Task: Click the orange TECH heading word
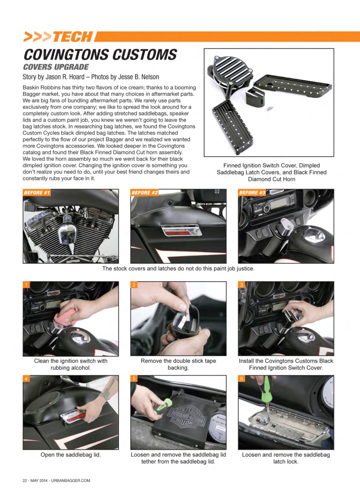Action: pyautogui.click(x=72, y=37)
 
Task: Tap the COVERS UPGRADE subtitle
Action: pyautogui.click(x=56, y=67)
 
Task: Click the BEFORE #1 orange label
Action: pyautogui.click(x=37, y=193)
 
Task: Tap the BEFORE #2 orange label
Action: pyautogui.click(x=145, y=193)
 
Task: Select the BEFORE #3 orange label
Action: pyautogui.click(x=252, y=193)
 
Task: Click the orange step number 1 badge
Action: pyautogui.click(x=26, y=285)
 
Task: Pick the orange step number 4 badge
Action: pyautogui.click(x=26, y=379)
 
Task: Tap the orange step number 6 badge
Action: pyautogui.click(x=241, y=379)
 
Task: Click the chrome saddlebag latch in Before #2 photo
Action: pyautogui.click(x=182, y=231)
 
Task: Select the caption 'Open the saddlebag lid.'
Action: pyautogui.click(x=71, y=454)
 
